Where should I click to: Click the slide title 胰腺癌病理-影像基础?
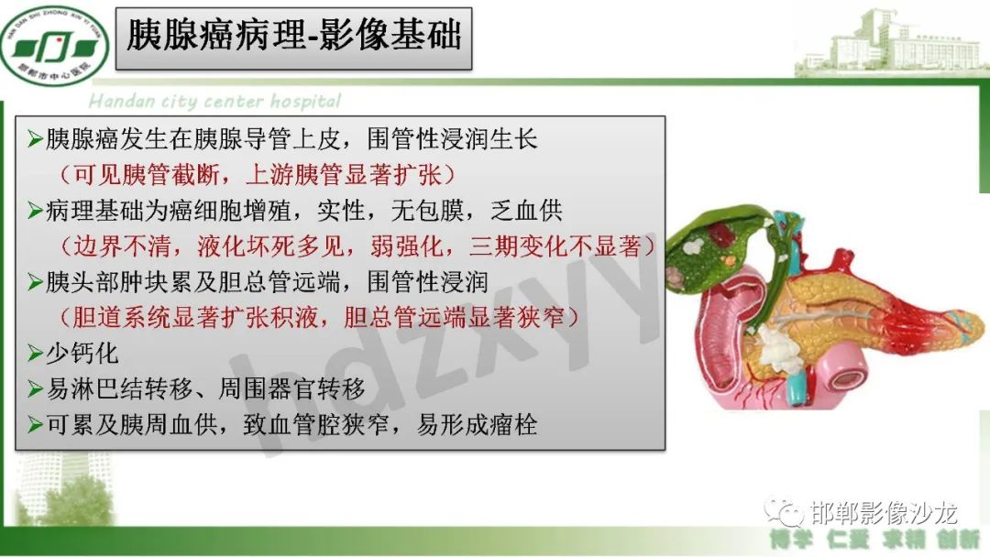293,38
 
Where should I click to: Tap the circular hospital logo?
53,41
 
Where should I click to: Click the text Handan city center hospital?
214,101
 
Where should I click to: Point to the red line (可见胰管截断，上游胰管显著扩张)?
258,174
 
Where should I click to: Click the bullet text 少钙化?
83,353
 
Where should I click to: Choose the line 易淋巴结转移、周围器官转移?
206,388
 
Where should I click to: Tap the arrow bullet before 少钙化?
36,354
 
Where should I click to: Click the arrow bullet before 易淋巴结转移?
36,389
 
